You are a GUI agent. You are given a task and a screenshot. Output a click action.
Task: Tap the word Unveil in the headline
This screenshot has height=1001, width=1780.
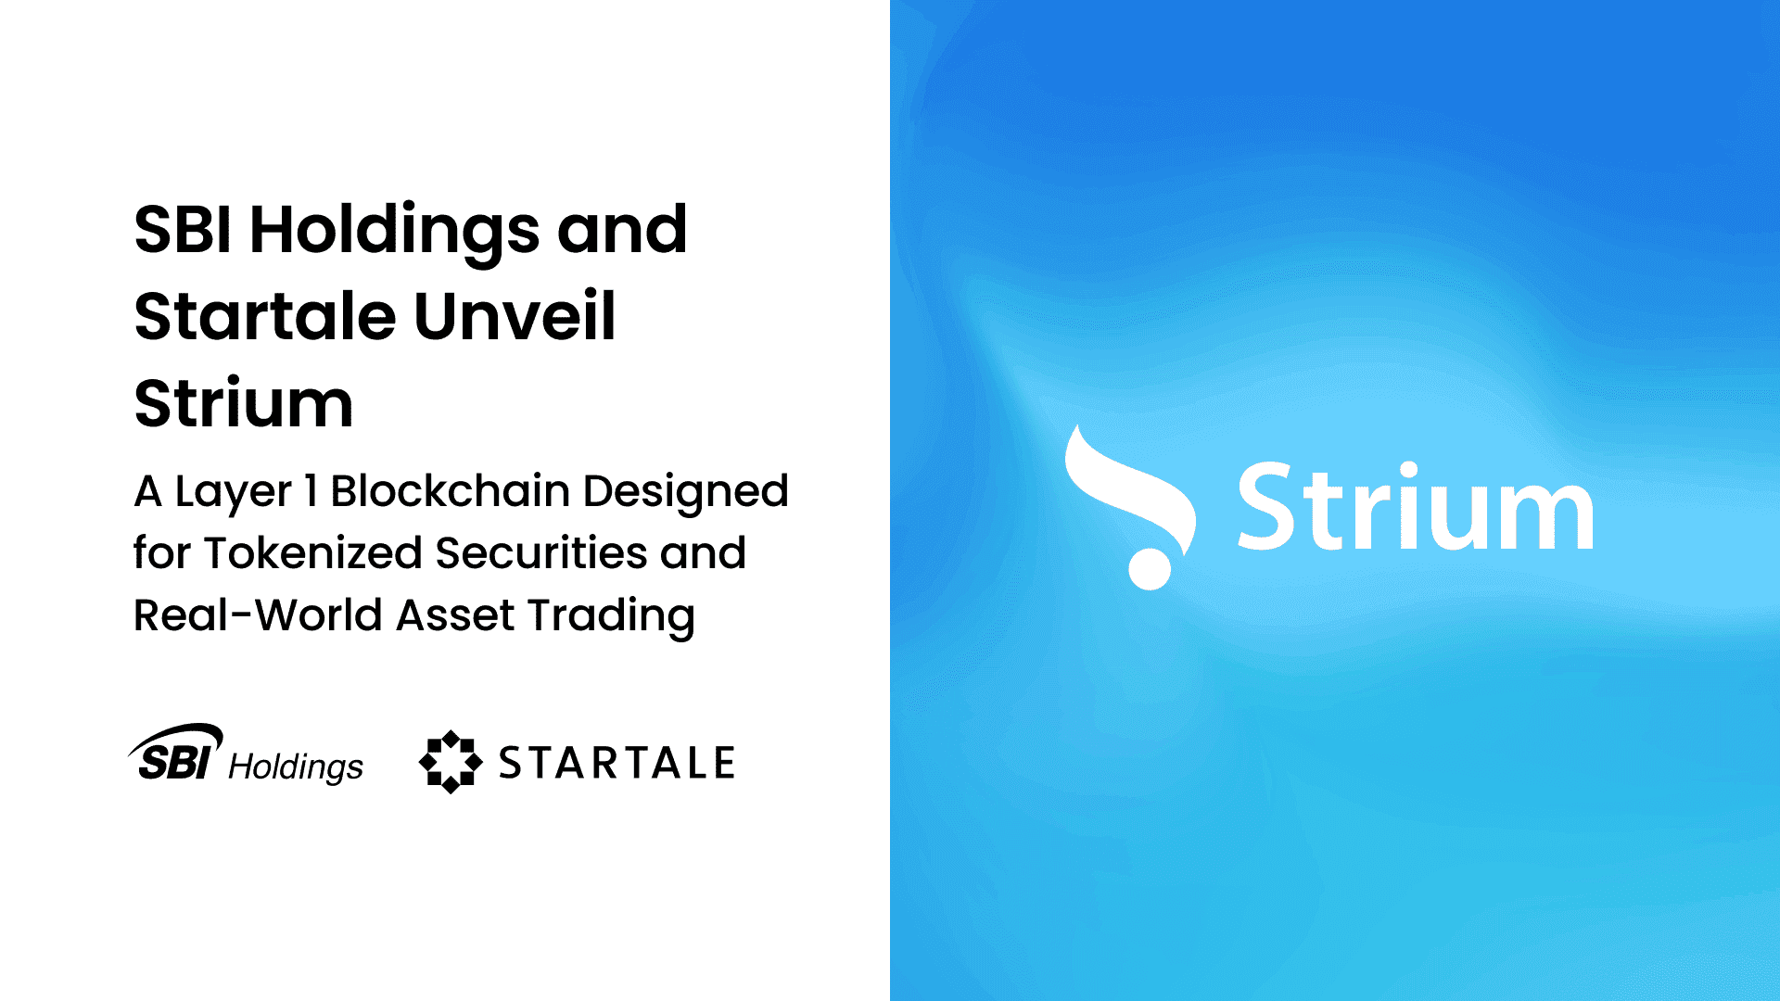[514, 317]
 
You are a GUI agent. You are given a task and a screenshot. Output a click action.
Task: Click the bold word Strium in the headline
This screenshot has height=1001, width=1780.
[243, 404]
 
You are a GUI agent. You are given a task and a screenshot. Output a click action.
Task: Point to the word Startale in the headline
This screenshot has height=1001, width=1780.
[265, 317]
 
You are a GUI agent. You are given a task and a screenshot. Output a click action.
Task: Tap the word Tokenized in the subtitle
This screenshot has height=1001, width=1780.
[313, 553]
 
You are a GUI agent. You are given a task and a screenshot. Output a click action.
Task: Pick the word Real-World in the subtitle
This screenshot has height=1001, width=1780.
[259, 615]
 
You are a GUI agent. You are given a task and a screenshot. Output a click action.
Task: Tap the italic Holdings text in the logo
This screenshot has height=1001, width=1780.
[296, 767]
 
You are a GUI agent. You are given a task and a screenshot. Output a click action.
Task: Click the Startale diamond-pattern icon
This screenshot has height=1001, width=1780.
[451, 762]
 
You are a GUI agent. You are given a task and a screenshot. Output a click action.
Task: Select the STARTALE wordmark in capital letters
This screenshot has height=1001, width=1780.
[617, 763]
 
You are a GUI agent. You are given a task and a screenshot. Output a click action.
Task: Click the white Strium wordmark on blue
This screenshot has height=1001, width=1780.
[1415, 508]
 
